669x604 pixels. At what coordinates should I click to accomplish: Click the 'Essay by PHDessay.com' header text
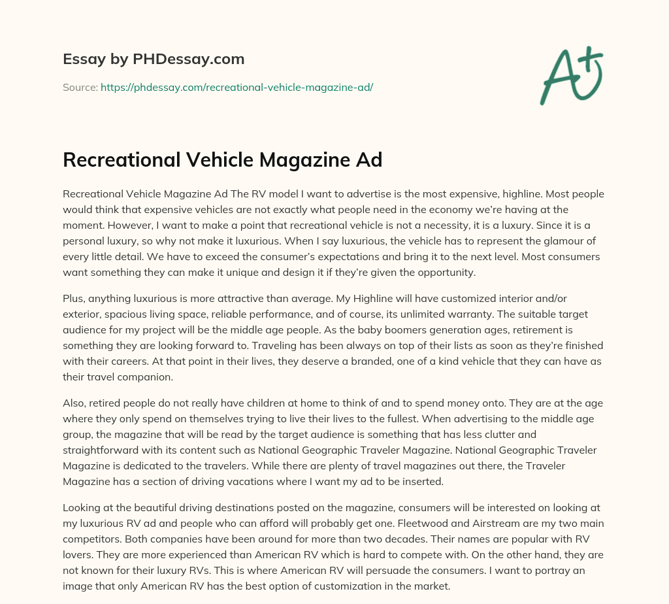[x=154, y=59]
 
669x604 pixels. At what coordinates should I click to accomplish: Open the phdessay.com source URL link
[x=237, y=87]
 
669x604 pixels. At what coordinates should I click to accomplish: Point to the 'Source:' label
[x=80, y=87]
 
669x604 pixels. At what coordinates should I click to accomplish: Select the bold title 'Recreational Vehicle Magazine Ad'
[x=222, y=160]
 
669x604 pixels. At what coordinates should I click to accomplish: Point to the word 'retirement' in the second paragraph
[x=551, y=330]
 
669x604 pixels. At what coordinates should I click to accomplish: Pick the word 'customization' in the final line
[x=346, y=586]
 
